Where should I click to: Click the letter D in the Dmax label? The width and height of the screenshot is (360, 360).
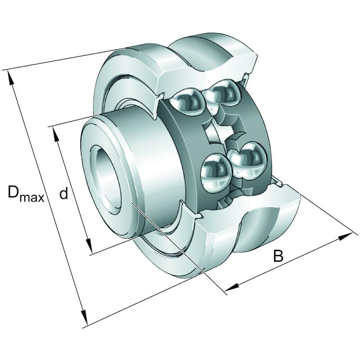tap(13, 193)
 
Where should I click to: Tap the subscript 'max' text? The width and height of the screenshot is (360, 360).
tap(32, 198)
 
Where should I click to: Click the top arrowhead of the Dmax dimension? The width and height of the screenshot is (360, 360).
tap(10, 78)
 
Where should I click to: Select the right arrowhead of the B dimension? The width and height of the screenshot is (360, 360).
tap(345, 237)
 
